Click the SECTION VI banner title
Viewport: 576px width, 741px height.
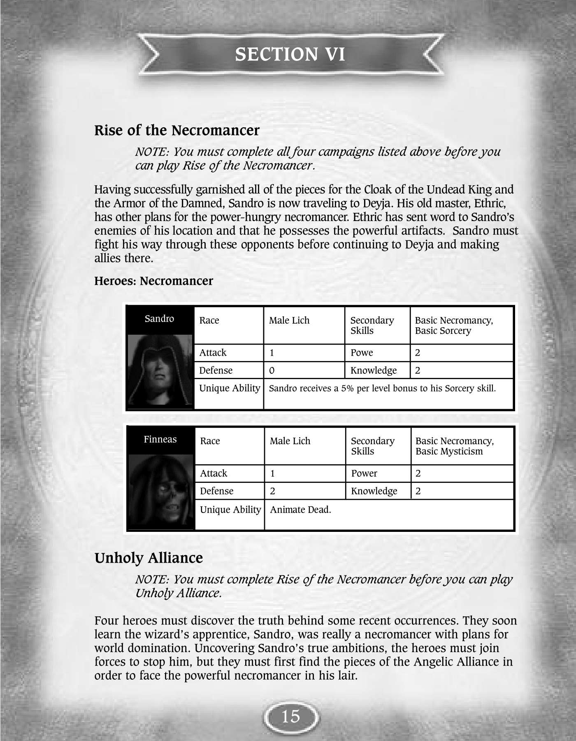click(290, 54)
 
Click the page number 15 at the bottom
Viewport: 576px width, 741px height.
click(291, 717)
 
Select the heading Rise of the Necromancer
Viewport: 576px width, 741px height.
click(177, 130)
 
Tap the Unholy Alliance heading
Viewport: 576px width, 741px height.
click(149, 558)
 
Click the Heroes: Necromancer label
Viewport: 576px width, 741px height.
click(153, 281)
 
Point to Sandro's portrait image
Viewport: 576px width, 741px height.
click(160, 369)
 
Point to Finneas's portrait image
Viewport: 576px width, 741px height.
click(161, 491)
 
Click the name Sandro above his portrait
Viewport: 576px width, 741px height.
click(159, 319)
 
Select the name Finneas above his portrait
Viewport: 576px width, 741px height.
click(160, 439)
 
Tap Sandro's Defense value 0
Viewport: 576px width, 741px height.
click(272, 370)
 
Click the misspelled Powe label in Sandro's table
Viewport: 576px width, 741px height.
click(362, 353)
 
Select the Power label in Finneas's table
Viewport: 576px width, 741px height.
click(364, 473)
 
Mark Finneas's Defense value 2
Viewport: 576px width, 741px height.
click(273, 491)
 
